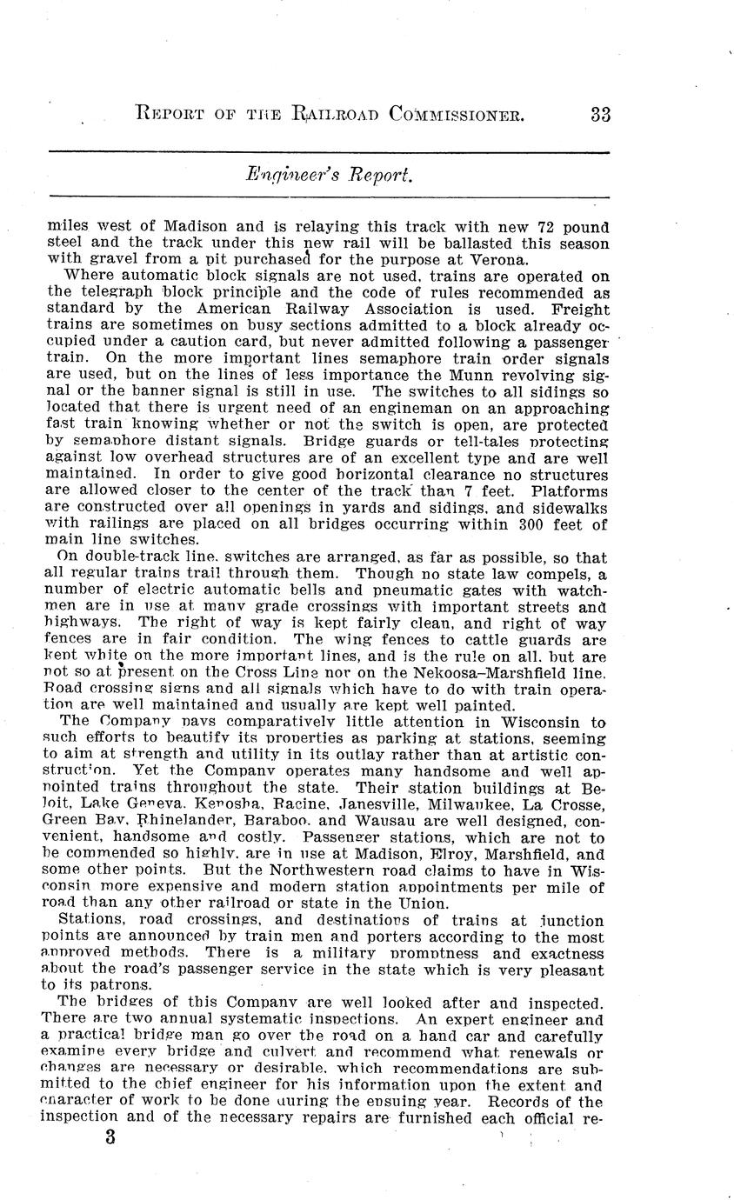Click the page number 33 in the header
coord(600,115)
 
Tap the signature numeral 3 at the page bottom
coord(110,1137)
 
